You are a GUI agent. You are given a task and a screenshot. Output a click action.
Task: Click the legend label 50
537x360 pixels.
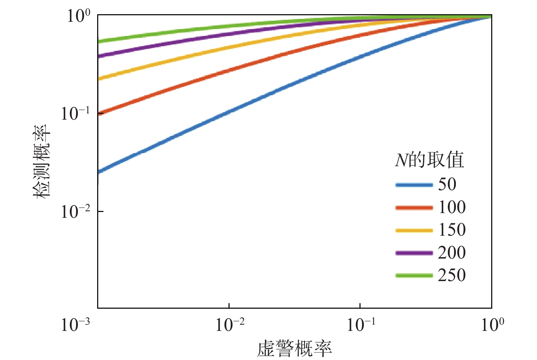[447, 184]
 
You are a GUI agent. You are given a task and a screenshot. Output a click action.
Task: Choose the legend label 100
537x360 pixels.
[452, 207]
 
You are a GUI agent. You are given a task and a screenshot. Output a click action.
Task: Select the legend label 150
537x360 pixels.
[452, 230]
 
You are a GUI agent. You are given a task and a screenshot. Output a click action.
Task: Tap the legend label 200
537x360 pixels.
[452, 253]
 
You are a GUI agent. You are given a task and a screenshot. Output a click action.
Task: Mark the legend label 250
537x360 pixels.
[452, 275]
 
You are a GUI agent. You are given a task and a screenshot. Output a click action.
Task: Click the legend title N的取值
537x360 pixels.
[429, 160]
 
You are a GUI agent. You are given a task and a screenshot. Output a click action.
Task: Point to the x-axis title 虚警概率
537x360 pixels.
[294, 349]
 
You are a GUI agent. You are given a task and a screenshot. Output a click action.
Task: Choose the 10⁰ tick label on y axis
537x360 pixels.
[79, 16]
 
